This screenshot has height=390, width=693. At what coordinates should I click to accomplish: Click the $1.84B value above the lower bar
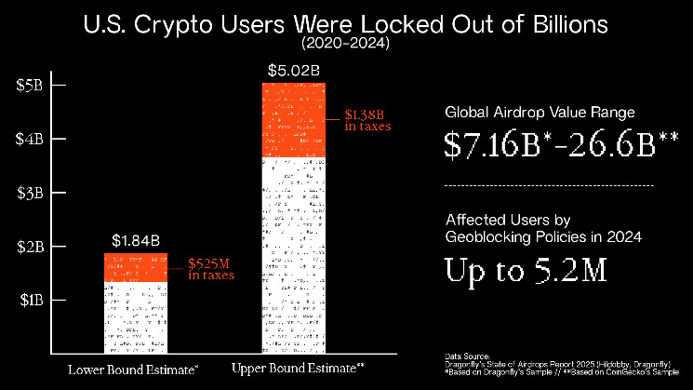tap(136, 241)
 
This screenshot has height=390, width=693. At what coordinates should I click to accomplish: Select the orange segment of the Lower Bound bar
tap(136, 266)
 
